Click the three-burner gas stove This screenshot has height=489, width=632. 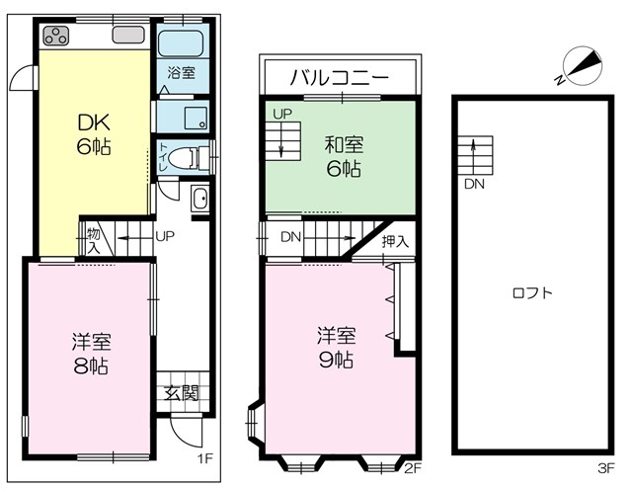pyautogui.click(x=56, y=36)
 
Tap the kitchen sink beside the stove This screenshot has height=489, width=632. pyautogui.click(x=128, y=35)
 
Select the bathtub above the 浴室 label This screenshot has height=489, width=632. pyautogui.click(x=180, y=43)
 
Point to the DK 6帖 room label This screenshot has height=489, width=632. pyautogui.click(x=94, y=134)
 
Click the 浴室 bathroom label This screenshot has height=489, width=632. pyautogui.click(x=182, y=72)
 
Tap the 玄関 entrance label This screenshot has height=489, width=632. pyautogui.click(x=182, y=392)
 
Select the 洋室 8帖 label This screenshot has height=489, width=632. pyautogui.click(x=91, y=354)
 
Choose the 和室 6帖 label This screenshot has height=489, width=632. pyautogui.click(x=344, y=156)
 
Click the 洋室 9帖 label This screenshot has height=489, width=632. pyautogui.click(x=336, y=348)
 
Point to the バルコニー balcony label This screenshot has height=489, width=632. pyautogui.click(x=340, y=77)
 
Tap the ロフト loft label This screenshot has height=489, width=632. pyautogui.click(x=532, y=292)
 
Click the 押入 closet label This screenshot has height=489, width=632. pyautogui.click(x=395, y=241)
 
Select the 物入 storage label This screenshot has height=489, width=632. pyautogui.click(x=94, y=241)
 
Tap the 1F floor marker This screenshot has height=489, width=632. pyautogui.click(x=204, y=458)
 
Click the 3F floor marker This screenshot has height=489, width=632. pyautogui.click(x=605, y=468)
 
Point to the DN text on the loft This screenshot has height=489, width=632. pyautogui.click(x=474, y=184)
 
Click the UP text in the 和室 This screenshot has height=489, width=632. pyautogui.click(x=282, y=114)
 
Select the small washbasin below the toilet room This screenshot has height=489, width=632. pyautogui.click(x=199, y=199)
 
